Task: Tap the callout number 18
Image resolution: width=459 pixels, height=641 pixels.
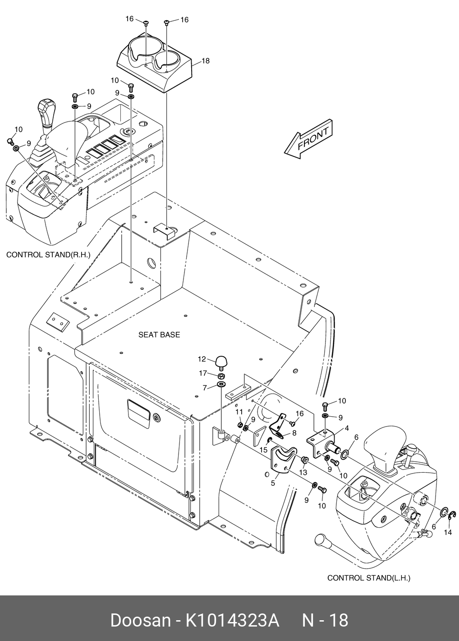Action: [206, 61]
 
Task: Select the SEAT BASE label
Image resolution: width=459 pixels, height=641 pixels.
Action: [159, 334]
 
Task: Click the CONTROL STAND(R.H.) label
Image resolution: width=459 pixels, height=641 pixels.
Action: [48, 255]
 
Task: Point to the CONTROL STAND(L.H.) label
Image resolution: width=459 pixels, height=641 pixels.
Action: [369, 577]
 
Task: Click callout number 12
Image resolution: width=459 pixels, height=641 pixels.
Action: [202, 359]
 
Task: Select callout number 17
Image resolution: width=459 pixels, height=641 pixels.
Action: [203, 373]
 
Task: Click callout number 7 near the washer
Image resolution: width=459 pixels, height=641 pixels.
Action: [205, 387]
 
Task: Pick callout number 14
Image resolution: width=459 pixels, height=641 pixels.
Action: [448, 532]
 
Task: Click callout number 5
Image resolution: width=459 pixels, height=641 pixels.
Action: [273, 483]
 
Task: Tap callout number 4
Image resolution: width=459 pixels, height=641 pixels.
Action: [346, 428]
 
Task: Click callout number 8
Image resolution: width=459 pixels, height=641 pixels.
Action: [294, 432]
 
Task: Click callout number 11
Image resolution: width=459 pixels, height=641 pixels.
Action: [239, 412]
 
